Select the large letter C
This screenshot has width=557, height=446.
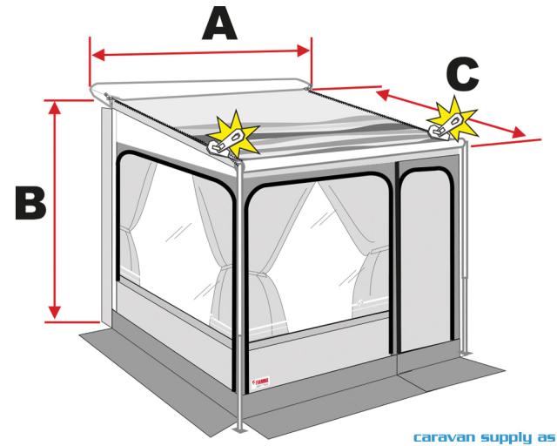coord(458,74)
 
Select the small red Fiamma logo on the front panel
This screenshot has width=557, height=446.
coord(263,382)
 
